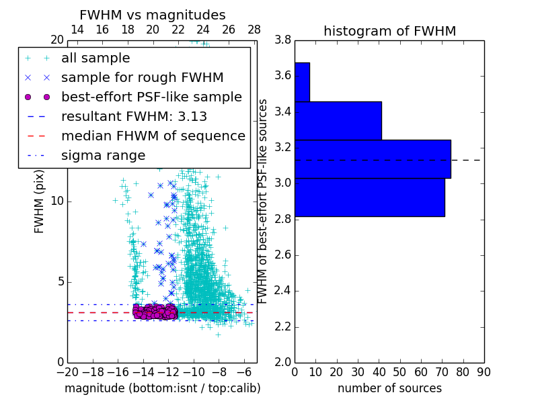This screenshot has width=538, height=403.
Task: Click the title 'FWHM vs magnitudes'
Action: click(153, 15)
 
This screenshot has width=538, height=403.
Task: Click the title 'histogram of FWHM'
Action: click(389, 31)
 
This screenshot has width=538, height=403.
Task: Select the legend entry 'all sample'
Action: click(95, 58)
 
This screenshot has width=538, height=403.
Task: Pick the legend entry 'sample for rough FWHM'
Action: click(142, 78)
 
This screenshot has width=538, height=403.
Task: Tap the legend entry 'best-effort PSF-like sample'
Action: click(151, 97)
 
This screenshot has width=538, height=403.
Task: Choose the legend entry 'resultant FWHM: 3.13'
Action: click(134, 117)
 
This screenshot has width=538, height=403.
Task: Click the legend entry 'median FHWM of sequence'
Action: click(153, 136)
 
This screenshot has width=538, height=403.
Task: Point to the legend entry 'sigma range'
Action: click(103, 156)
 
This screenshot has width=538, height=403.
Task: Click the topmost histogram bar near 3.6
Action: click(302, 82)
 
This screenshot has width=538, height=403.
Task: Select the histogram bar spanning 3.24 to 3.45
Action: click(338, 120)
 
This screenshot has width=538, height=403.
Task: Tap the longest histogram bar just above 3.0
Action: click(373, 159)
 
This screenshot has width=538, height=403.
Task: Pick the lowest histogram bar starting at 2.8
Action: click(369, 197)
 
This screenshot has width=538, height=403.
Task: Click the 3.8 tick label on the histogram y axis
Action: click(283, 40)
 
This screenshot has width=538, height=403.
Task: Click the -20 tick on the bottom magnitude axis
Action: click(67, 372)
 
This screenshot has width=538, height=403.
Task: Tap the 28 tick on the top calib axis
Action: click(254, 30)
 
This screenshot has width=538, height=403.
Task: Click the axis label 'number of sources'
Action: click(389, 388)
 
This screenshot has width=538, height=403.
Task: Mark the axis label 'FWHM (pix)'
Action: click(40, 201)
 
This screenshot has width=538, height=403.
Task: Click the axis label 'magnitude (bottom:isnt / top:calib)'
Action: click(162, 388)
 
